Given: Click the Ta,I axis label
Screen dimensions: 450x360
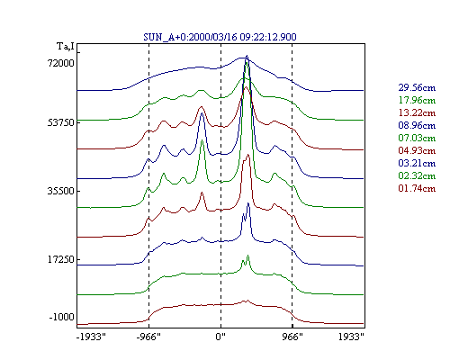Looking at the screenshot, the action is click(66, 47).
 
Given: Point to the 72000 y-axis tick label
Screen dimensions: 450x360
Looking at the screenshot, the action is click(61, 63).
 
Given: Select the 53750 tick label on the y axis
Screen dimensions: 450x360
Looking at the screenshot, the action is click(61, 122).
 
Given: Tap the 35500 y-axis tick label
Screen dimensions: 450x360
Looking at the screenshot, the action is click(61, 191).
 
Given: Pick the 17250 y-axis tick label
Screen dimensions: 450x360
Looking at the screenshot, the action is click(61, 259).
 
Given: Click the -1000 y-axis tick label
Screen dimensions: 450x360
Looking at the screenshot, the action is click(61, 317).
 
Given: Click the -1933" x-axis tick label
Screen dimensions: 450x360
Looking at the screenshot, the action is click(91, 337).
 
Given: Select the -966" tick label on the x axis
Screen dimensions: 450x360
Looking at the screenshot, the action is click(148, 337).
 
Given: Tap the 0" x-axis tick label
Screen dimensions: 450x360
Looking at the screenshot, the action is click(220, 337).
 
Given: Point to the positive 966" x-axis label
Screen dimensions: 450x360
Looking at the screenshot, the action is click(292, 337).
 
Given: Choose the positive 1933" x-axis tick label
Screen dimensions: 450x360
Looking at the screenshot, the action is click(351, 337).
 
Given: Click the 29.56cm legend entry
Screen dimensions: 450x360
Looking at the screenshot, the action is click(417, 87).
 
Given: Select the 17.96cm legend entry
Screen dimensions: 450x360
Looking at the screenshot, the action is click(417, 100).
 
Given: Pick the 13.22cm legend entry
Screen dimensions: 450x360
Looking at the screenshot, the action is click(417, 112).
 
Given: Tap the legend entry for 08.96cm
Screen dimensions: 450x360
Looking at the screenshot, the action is click(417, 125).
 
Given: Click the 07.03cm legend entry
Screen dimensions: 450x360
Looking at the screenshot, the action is click(417, 138).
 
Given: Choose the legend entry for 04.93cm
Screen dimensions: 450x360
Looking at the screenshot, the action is click(417, 150).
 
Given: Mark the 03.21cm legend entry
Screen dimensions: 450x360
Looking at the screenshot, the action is click(417, 163).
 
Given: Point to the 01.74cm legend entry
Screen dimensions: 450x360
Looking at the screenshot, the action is click(417, 188).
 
